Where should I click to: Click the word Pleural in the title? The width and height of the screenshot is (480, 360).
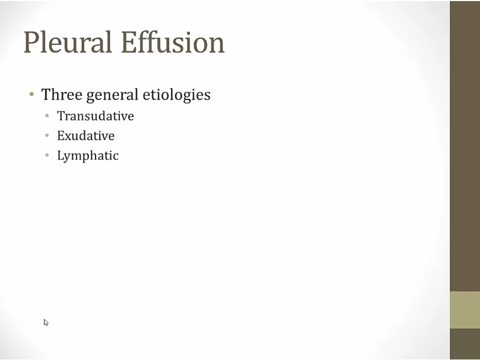tap(67, 42)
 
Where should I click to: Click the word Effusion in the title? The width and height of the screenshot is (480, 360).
tap(173, 42)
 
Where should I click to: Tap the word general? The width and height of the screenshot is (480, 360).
tap(113, 95)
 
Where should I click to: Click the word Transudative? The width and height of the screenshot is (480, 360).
tap(95, 116)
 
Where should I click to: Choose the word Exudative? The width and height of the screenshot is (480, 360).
tap(86, 135)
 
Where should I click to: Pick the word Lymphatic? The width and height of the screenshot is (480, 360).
tap(88, 156)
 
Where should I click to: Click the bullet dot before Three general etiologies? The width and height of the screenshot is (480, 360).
tap(31, 94)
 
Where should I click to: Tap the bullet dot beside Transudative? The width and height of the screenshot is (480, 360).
tap(47, 116)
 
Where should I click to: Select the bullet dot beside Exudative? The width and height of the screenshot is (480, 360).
tap(47, 135)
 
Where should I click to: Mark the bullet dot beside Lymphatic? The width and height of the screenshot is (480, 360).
tap(47, 155)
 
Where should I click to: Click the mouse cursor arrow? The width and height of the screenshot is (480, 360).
tap(46, 322)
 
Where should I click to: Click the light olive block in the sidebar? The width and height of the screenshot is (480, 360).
tap(465, 310)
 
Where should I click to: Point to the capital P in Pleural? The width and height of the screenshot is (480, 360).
tap(31, 42)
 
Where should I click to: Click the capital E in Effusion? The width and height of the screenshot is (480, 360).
tap(129, 42)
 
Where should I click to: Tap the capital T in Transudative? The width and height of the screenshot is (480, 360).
tap(61, 116)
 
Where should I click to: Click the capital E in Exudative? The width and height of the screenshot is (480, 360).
tap(61, 135)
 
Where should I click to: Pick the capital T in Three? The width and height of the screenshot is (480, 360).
tap(46, 94)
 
